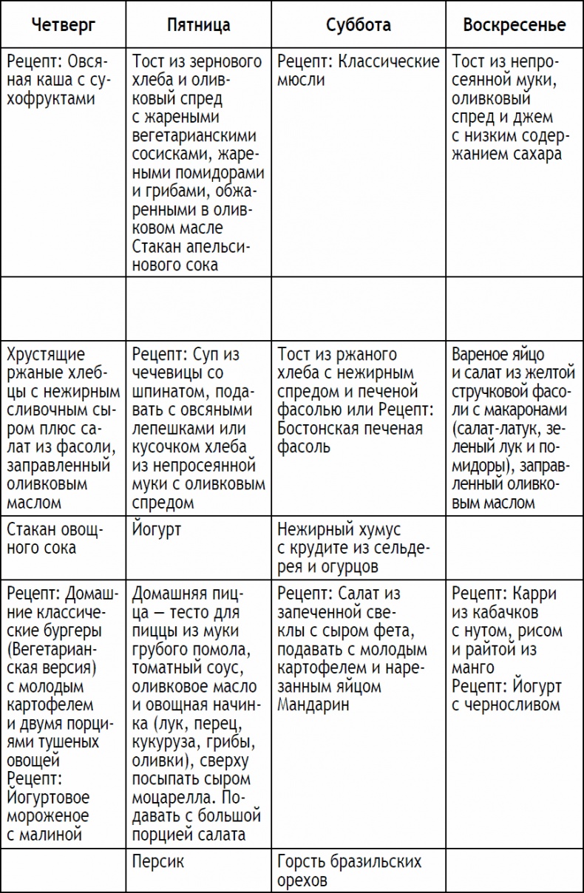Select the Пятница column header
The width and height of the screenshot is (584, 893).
tap(198, 25)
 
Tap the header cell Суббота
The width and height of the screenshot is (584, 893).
tap(358, 25)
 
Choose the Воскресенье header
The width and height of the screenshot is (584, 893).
tap(514, 25)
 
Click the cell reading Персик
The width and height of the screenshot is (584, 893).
tap(158, 861)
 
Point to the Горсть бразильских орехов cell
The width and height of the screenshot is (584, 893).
tap(349, 870)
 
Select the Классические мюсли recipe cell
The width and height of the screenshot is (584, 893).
tap(358, 70)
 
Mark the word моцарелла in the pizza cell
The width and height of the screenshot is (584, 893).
tap(175, 798)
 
